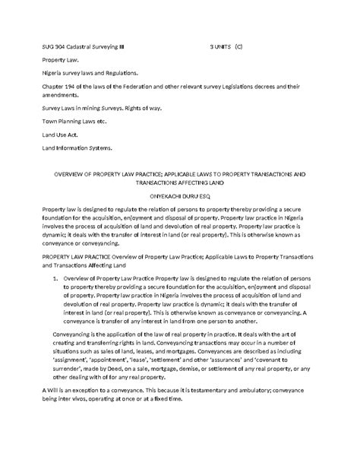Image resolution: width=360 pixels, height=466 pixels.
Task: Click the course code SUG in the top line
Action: tap(49, 46)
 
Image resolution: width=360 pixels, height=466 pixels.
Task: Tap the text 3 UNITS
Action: tap(221, 46)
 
